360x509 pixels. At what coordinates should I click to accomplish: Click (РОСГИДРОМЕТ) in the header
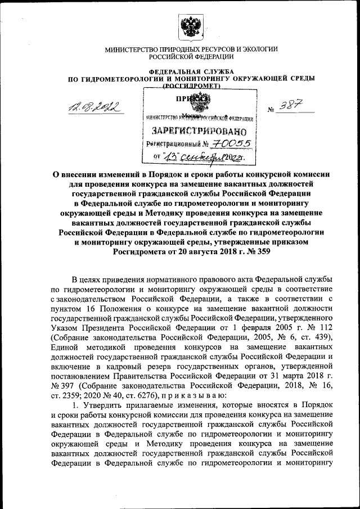tap(191, 88)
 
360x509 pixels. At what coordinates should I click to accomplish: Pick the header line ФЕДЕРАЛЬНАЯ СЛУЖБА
tap(191, 71)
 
